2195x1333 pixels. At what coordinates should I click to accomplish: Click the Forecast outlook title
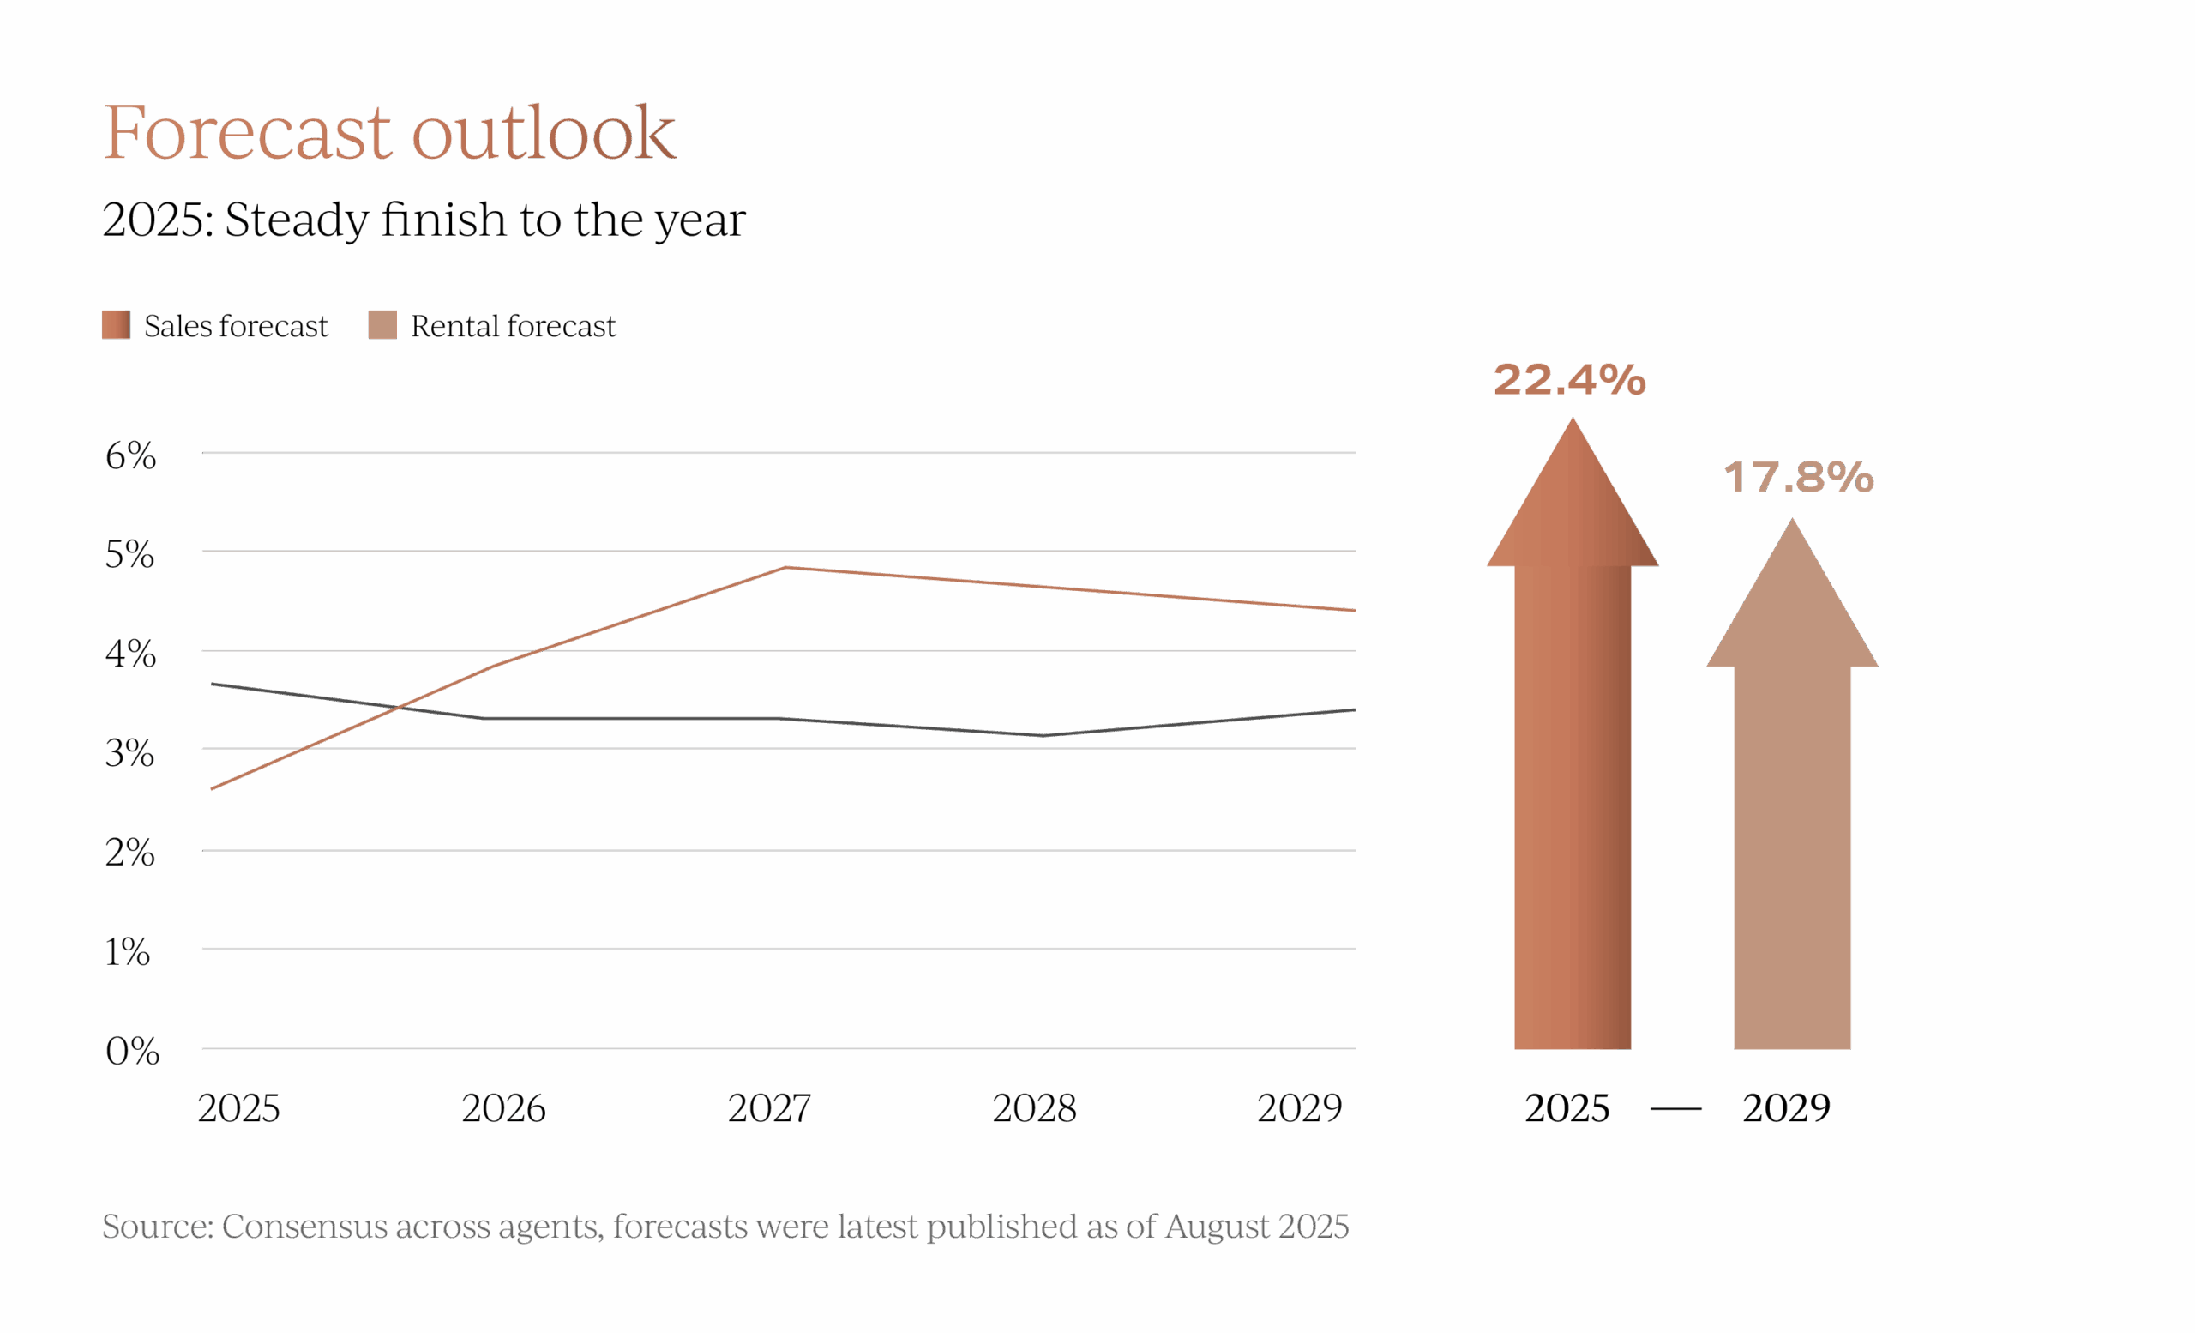pyautogui.click(x=389, y=132)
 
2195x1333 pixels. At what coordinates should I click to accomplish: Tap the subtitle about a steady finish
pyautogui.click(x=424, y=220)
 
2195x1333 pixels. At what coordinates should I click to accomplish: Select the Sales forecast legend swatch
pyautogui.click(x=116, y=324)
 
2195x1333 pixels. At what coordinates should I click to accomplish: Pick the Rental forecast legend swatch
pyautogui.click(x=382, y=324)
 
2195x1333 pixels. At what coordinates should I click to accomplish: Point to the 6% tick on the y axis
pyautogui.click(x=130, y=455)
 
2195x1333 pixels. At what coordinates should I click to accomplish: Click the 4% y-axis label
pyautogui.click(x=130, y=654)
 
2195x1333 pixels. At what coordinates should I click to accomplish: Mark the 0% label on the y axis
pyautogui.click(x=132, y=1052)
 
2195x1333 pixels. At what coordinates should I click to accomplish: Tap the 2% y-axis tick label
pyautogui.click(x=130, y=853)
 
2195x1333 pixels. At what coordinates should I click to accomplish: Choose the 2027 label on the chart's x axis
pyautogui.click(x=769, y=1108)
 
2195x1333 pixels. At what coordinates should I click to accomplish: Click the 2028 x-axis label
pyautogui.click(x=1034, y=1108)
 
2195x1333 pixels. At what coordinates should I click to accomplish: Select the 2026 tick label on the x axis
pyautogui.click(x=503, y=1108)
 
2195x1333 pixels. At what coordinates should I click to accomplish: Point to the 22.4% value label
pyautogui.click(x=1570, y=380)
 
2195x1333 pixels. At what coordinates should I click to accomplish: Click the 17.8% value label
pyautogui.click(x=1799, y=478)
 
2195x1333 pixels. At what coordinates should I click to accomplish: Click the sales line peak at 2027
pyautogui.click(x=785, y=567)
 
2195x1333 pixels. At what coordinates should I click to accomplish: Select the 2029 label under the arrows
pyautogui.click(x=1786, y=1108)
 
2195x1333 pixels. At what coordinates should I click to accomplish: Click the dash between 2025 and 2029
pyautogui.click(x=1675, y=1109)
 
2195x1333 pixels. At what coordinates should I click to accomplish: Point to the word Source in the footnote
pyautogui.click(x=157, y=1227)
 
